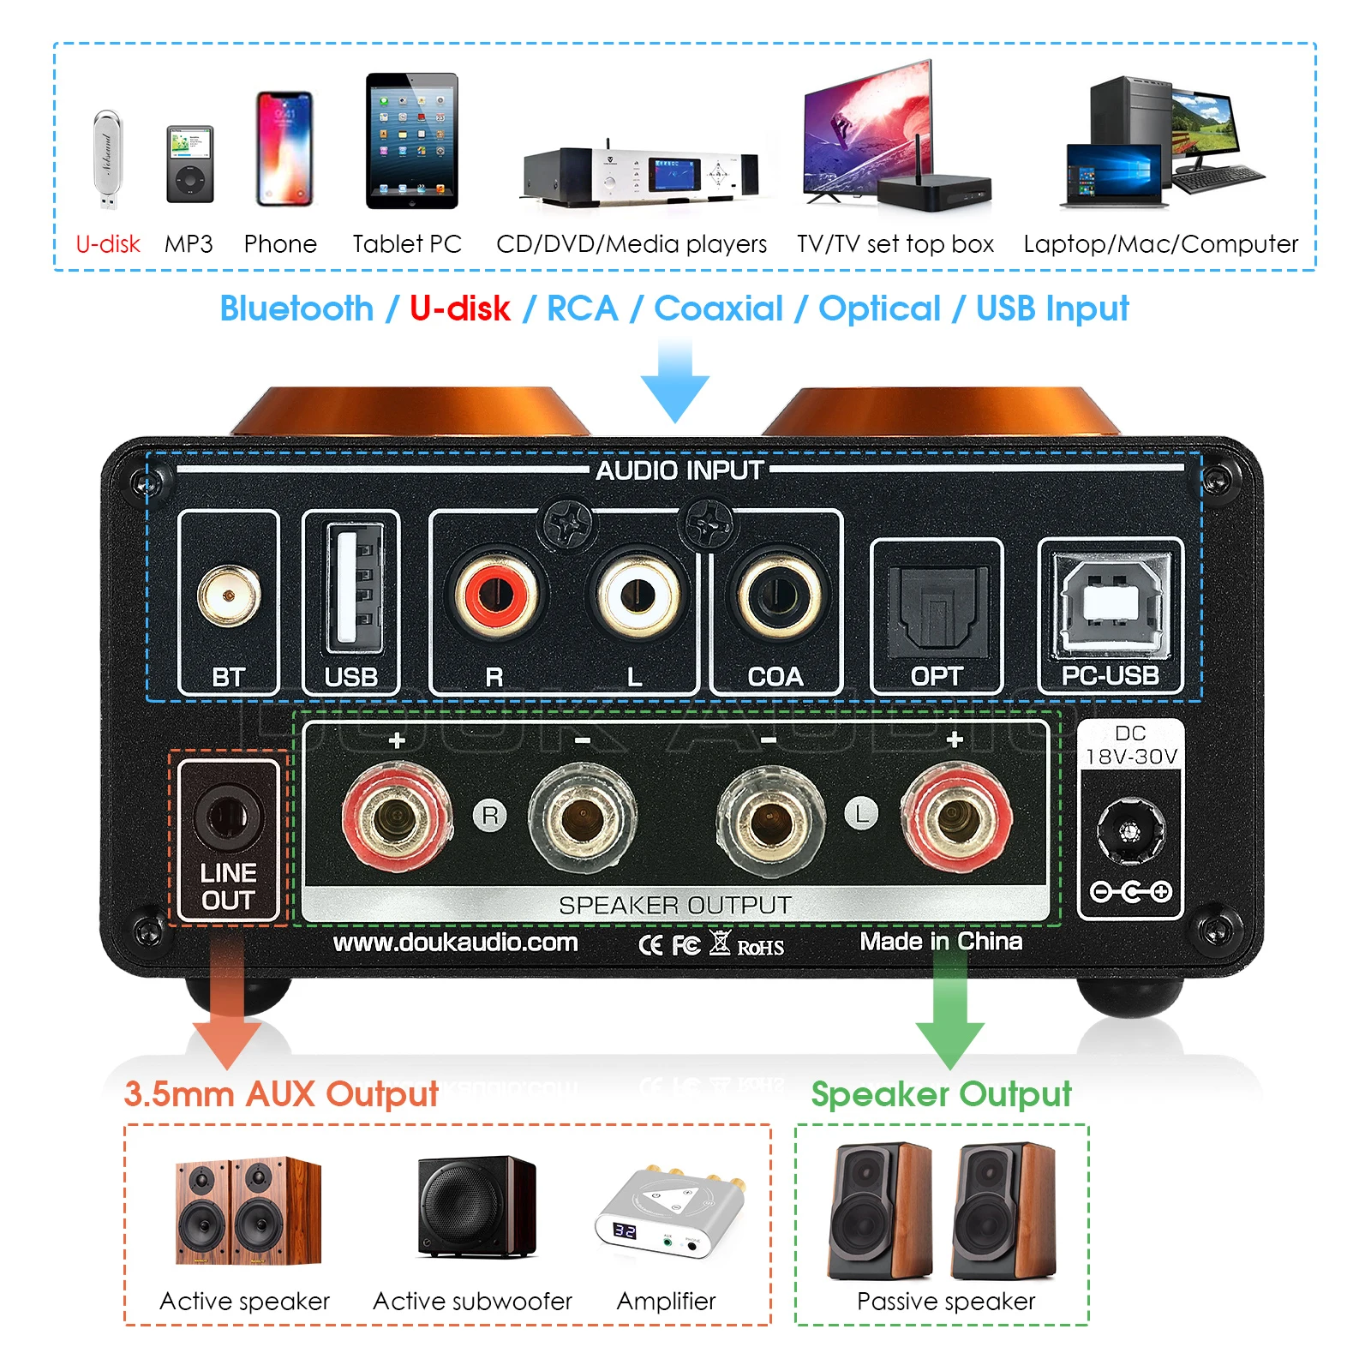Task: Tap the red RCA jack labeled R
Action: (x=496, y=594)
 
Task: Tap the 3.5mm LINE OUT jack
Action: (x=227, y=816)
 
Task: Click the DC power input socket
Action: (x=1130, y=830)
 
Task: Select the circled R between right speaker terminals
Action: (x=490, y=815)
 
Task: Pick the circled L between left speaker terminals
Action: (x=862, y=813)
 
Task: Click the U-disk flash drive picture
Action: (x=108, y=159)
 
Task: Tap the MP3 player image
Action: (x=189, y=164)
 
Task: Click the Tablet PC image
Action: (x=412, y=141)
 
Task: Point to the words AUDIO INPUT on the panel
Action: (x=680, y=470)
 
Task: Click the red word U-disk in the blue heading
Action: (x=460, y=308)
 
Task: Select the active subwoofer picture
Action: (x=476, y=1206)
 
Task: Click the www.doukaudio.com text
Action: (x=455, y=943)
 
